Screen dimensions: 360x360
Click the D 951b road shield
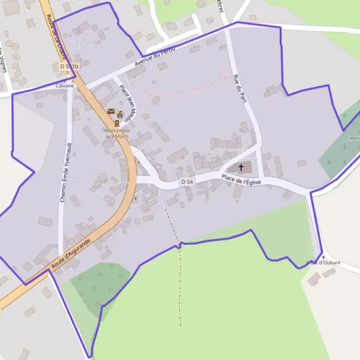(69, 66)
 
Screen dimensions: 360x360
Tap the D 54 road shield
(187, 181)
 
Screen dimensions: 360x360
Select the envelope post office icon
(111, 111)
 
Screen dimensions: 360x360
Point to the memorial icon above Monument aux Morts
(116, 122)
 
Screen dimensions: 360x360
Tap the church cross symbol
(241, 167)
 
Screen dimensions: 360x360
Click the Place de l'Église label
(241, 179)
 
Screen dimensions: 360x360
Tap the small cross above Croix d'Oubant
(323, 257)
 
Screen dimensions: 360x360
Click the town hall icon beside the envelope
(120, 113)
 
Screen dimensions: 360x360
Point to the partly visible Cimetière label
(353, 138)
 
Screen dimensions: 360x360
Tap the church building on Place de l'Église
(236, 167)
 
